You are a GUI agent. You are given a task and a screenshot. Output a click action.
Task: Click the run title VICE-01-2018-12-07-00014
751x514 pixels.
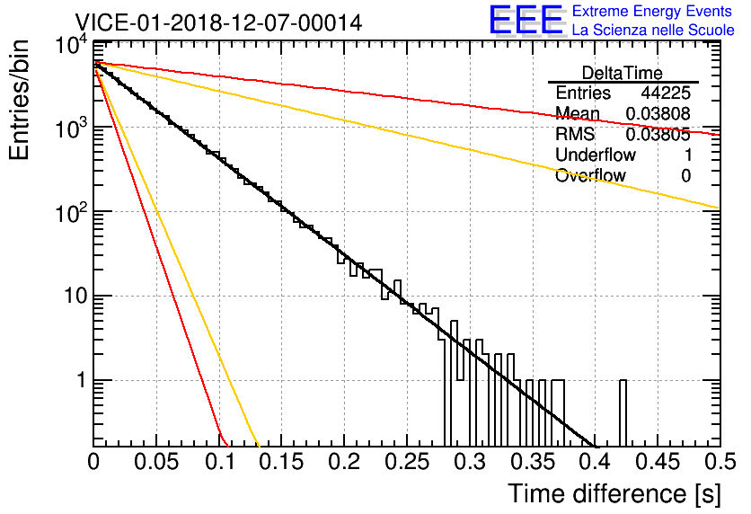coord(218,22)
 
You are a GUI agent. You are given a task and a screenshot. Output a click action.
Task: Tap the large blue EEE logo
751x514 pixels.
coord(526,20)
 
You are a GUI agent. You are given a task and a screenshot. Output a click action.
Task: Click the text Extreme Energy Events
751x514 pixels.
coord(652,11)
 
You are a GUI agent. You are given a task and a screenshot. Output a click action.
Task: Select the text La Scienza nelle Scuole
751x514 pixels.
coord(653,30)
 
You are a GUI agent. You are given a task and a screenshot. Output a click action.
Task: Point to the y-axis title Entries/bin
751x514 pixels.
coord(19,100)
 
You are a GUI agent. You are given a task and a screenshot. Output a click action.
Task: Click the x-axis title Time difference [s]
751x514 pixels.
coord(614,493)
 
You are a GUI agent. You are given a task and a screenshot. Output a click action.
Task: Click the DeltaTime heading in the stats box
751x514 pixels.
coord(623,73)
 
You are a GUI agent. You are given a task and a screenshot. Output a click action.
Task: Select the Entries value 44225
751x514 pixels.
coord(666,93)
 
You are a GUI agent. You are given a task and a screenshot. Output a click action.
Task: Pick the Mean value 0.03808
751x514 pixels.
coord(658,113)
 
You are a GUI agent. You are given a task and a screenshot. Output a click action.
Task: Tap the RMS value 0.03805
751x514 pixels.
coord(658,135)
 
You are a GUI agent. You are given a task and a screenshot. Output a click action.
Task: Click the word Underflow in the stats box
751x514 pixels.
coord(596,155)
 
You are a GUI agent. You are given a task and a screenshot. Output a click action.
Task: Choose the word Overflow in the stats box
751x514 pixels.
coord(590,175)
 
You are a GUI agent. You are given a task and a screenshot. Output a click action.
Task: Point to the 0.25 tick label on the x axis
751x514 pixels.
coord(407,461)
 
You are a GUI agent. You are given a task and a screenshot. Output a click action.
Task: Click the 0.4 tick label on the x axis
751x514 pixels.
coord(595,461)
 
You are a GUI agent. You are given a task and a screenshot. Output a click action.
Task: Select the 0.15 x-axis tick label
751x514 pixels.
coord(281,461)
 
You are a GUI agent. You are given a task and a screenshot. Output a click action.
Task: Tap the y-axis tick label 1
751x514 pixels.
coord(81,381)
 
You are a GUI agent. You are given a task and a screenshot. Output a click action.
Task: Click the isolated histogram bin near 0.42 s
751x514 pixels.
coord(623,413)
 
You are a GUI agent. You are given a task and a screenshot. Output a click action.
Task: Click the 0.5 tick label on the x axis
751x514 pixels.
coord(720,461)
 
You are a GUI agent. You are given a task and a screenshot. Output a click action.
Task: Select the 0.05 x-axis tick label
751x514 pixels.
coord(156,461)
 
